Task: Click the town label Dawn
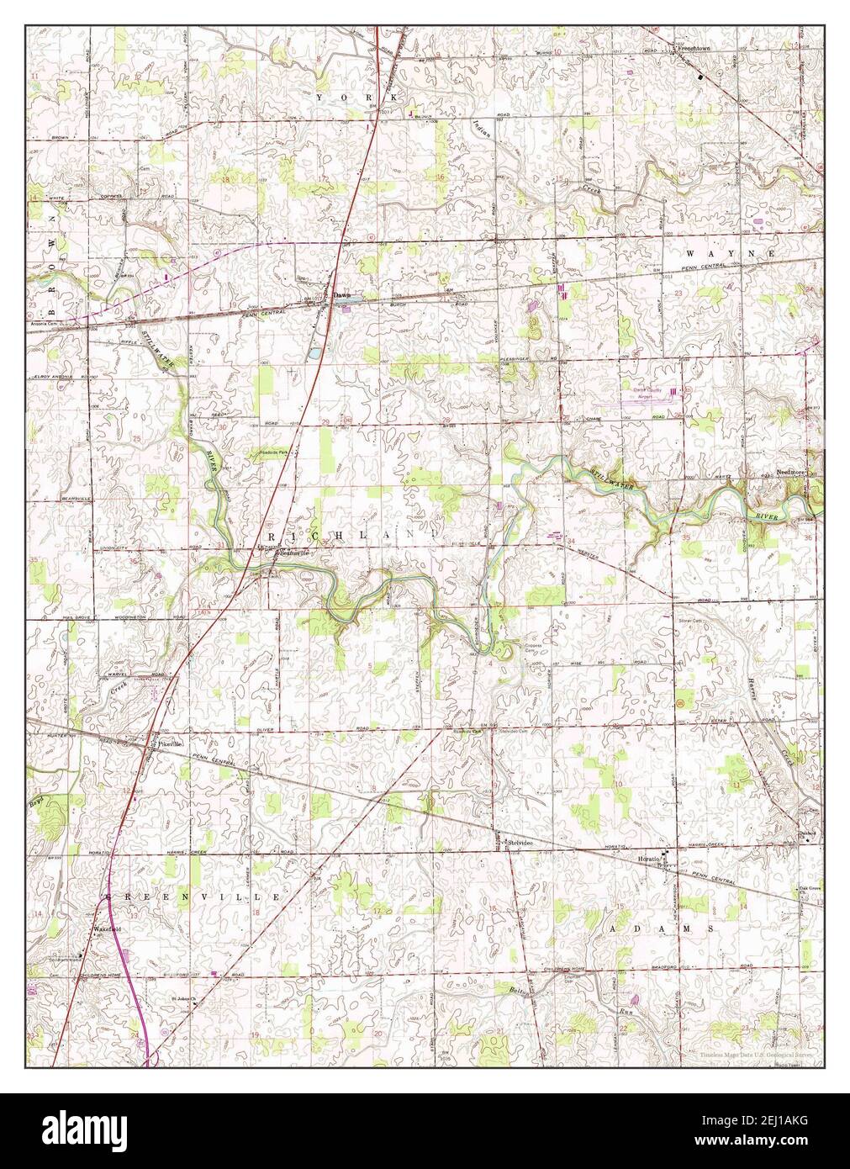[x=341, y=296]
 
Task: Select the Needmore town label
[x=791, y=473]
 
